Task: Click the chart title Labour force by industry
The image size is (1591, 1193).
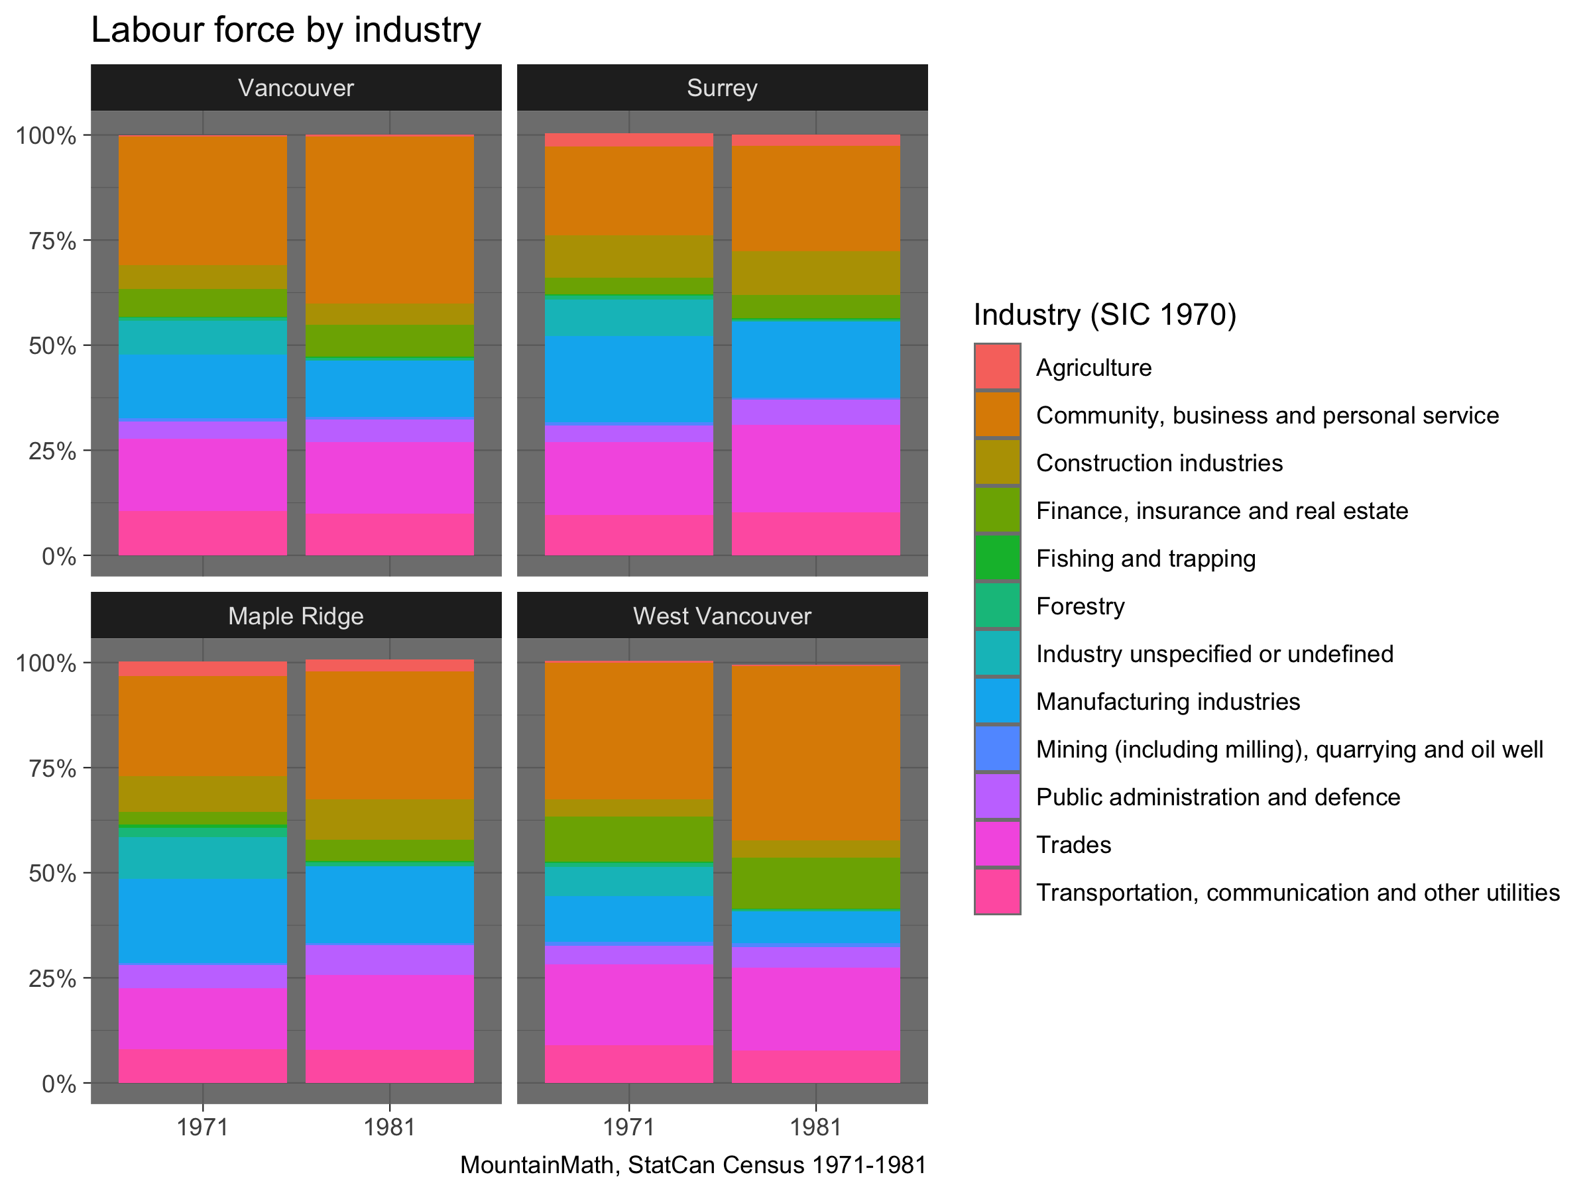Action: (286, 30)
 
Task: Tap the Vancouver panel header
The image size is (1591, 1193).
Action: (296, 87)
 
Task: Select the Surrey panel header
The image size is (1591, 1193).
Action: (721, 87)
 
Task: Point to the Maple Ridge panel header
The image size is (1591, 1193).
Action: (296, 616)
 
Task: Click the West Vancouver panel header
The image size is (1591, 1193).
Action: (721, 616)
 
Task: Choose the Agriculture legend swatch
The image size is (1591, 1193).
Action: (997, 367)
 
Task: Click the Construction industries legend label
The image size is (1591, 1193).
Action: (1159, 463)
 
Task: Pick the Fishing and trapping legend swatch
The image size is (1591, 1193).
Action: (997, 557)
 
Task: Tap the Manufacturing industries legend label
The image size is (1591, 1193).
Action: (1167, 701)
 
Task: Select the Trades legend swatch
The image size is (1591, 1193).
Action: (997, 844)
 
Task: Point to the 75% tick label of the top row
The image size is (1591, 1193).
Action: (52, 241)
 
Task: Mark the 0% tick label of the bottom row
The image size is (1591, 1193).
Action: (59, 1084)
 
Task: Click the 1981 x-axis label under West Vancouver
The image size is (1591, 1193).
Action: (815, 1127)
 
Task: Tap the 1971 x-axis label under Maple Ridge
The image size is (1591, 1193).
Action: (203, 1127)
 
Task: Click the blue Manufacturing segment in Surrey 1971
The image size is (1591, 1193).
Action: (628, 380)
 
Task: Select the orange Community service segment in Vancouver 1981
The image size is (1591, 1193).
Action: (389, 219)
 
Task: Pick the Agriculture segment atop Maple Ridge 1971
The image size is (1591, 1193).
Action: (203, 669)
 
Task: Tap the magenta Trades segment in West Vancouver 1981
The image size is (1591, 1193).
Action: (815, 1009)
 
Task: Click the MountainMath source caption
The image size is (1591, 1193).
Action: (693, 1165)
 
